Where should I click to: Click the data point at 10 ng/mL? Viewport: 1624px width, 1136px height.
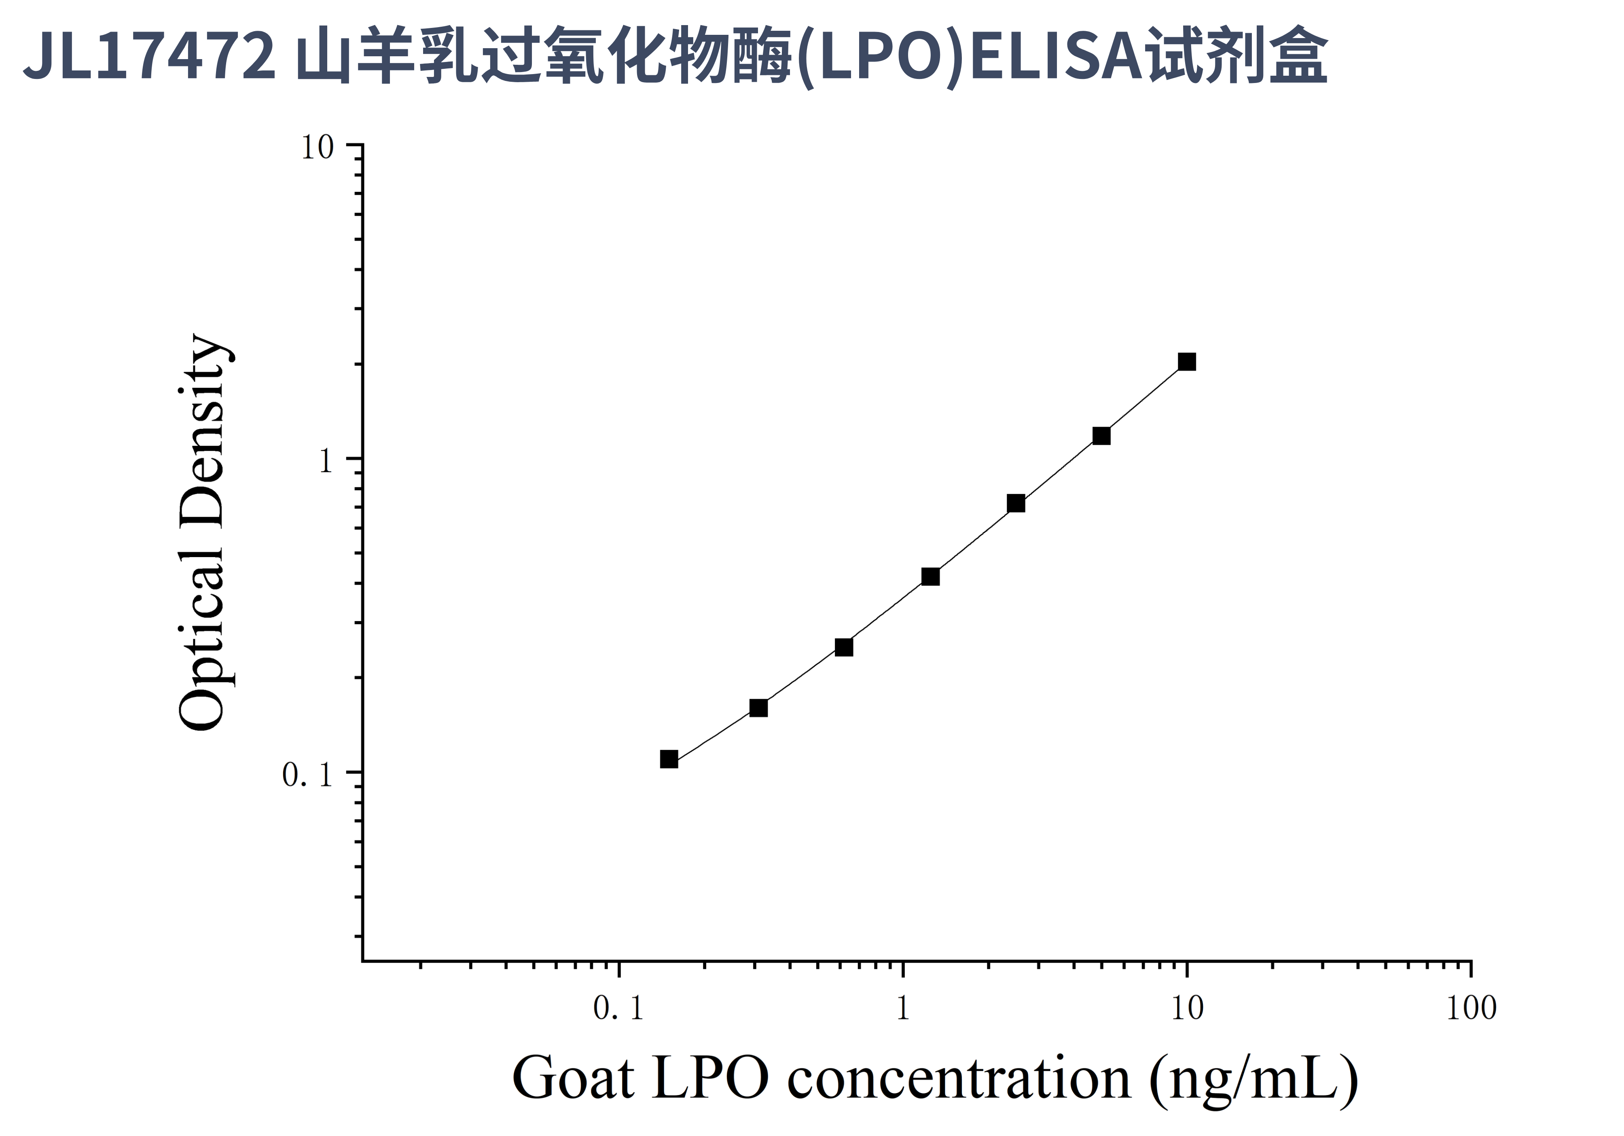point(1187,362)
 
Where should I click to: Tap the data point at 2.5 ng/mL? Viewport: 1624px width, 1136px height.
point(1016,503)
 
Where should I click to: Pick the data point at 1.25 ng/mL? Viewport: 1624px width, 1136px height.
point(931,577)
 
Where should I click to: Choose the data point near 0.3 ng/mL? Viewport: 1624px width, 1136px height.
point(758,708)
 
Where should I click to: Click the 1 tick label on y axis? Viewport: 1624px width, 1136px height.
point(325,462)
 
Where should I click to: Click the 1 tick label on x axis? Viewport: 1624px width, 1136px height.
point(902,1008)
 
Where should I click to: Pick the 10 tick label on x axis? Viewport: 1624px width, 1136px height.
point(1187,1008)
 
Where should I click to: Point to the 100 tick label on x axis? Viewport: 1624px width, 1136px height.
point(1471,1008)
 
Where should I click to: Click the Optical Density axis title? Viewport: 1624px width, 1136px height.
point(203,532)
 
